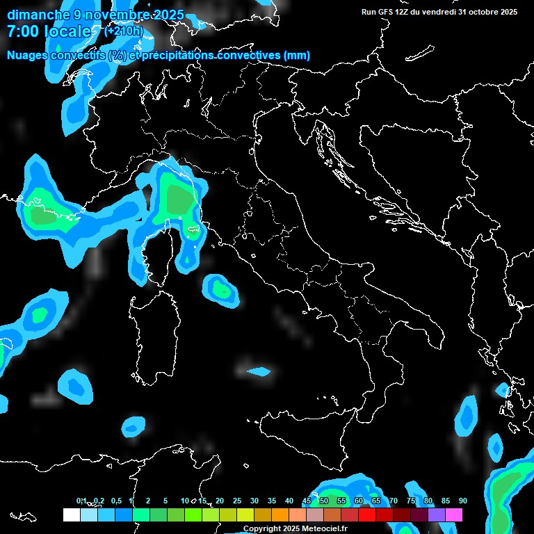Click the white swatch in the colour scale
pos(71,515)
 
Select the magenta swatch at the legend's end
pos(454,515)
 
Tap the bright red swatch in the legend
pos(367,515)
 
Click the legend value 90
pos(462,501)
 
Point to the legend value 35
pos(271,501)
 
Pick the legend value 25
pos(236,501)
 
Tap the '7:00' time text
pos(24,31)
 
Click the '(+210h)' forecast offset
pos(124,31)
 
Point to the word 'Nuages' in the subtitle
pos(28,56)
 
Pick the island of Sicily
pos(306,435)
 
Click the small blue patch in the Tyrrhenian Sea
pos(259,371)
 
